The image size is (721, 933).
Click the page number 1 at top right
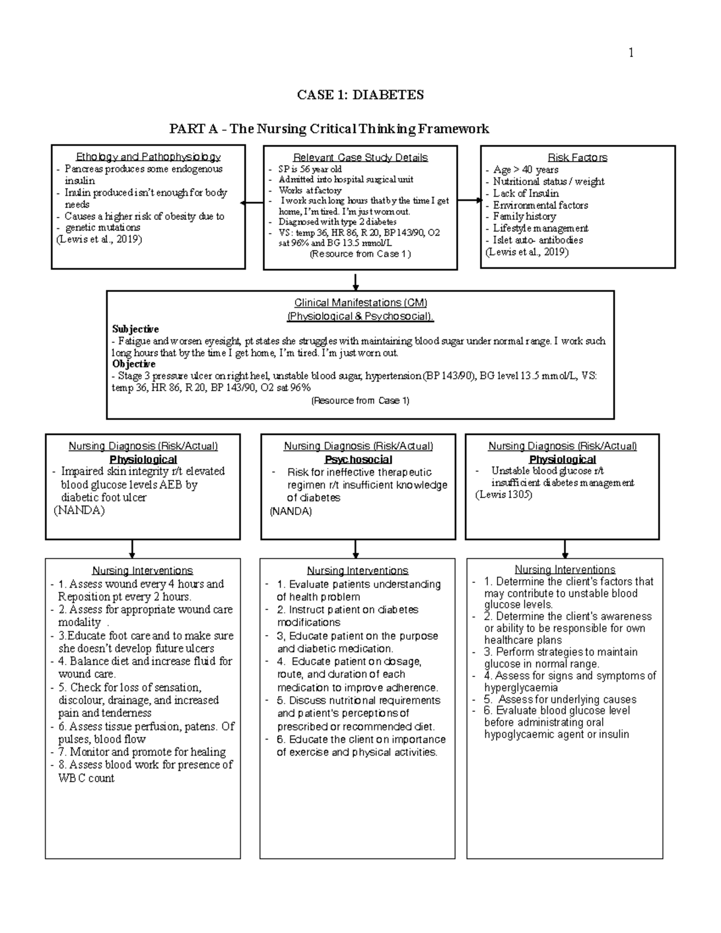pos(631,53)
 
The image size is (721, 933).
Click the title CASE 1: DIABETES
pos(360,95)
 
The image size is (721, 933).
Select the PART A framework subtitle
pos(329,129)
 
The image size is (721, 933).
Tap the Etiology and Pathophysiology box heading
pos(148,157)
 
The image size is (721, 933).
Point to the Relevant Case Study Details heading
pos(360,157)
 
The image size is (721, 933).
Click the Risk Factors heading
pos(577,157)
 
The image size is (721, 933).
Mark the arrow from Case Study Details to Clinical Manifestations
pos(356,281)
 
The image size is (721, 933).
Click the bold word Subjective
pos(135,329)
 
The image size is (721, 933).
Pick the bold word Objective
pos(134,364)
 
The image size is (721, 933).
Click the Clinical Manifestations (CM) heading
pos(360,303)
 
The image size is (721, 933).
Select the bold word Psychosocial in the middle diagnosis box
pos(358,460)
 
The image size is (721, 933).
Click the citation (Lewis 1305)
pos(503,494)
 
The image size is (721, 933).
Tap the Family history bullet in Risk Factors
pos(525,216)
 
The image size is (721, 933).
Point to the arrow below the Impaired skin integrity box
pos(132,549)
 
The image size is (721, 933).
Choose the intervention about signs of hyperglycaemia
pos(570,681)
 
